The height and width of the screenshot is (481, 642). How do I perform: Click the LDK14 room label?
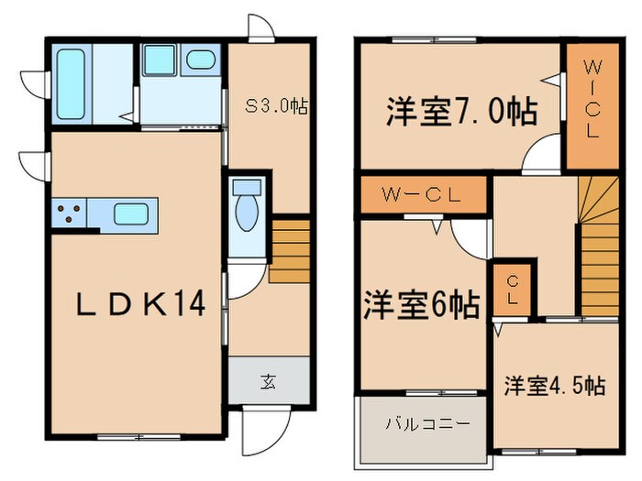(136, 303)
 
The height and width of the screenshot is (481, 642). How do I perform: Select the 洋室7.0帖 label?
(460, 113)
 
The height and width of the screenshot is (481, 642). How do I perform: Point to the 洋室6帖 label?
(421, 305)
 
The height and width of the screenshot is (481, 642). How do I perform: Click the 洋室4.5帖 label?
(553, 386)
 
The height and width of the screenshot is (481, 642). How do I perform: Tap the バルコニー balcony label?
(426, 424)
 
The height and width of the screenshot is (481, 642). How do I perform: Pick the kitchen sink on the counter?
(132, 217)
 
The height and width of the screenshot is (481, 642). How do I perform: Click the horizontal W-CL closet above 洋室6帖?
(421, 194)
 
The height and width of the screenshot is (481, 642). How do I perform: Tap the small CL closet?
(510, 289)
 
